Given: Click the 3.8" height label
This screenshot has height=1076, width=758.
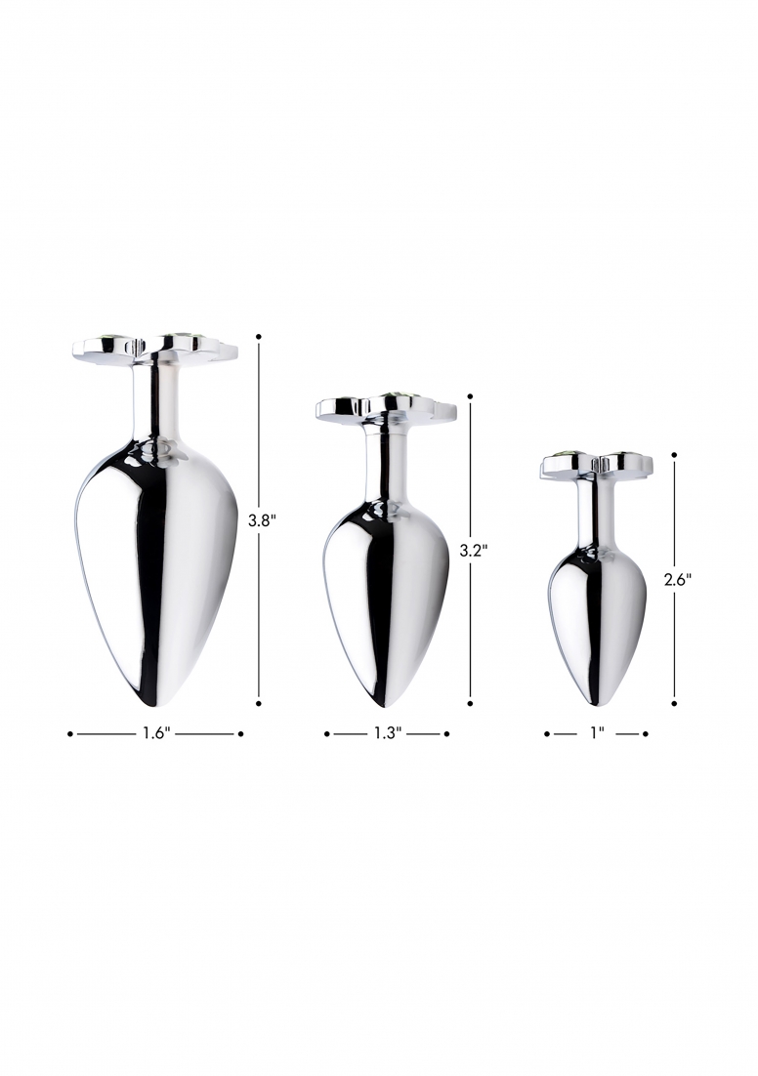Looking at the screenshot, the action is pos(262,520).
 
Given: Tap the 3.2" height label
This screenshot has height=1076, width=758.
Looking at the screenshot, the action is pos(473,550).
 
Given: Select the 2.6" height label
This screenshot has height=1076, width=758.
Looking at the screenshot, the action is pos(677,579).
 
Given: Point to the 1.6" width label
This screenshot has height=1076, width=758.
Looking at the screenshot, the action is pos(156,733).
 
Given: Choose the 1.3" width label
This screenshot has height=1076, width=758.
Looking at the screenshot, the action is pos(387,733).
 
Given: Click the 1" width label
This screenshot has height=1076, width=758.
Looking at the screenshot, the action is pos(597,733).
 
